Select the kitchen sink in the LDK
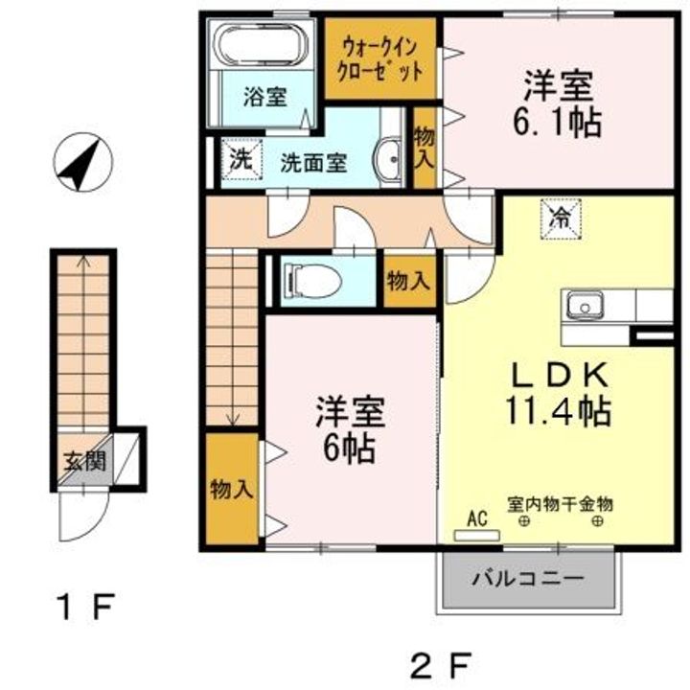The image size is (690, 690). [585, 306]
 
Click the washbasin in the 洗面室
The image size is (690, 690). [389, 159]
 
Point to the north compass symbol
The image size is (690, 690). [82, 162]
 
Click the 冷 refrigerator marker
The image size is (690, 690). [561, 219]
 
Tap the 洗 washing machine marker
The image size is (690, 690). [241, 159]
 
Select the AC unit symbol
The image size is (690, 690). [477, 536]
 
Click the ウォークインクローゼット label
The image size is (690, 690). [379, 60]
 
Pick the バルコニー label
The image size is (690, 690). [528, 578]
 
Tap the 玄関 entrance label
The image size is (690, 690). [85, 462]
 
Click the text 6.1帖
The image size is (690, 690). [557, 123]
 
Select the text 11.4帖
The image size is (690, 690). [558, 411]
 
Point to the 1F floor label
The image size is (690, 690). [86, 607]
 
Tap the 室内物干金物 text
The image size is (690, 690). [561, 504]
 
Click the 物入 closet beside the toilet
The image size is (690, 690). [410, 281]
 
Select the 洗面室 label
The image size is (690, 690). [313, 163]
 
